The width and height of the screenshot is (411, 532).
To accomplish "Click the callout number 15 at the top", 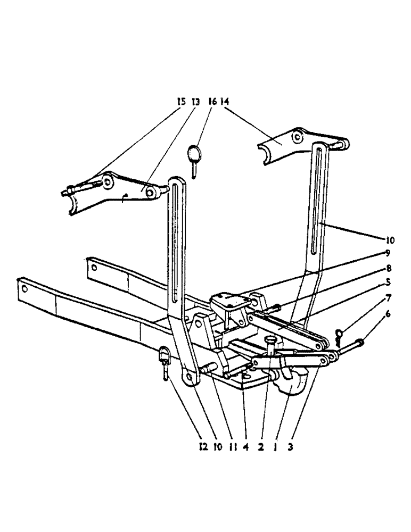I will (182, 101).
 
